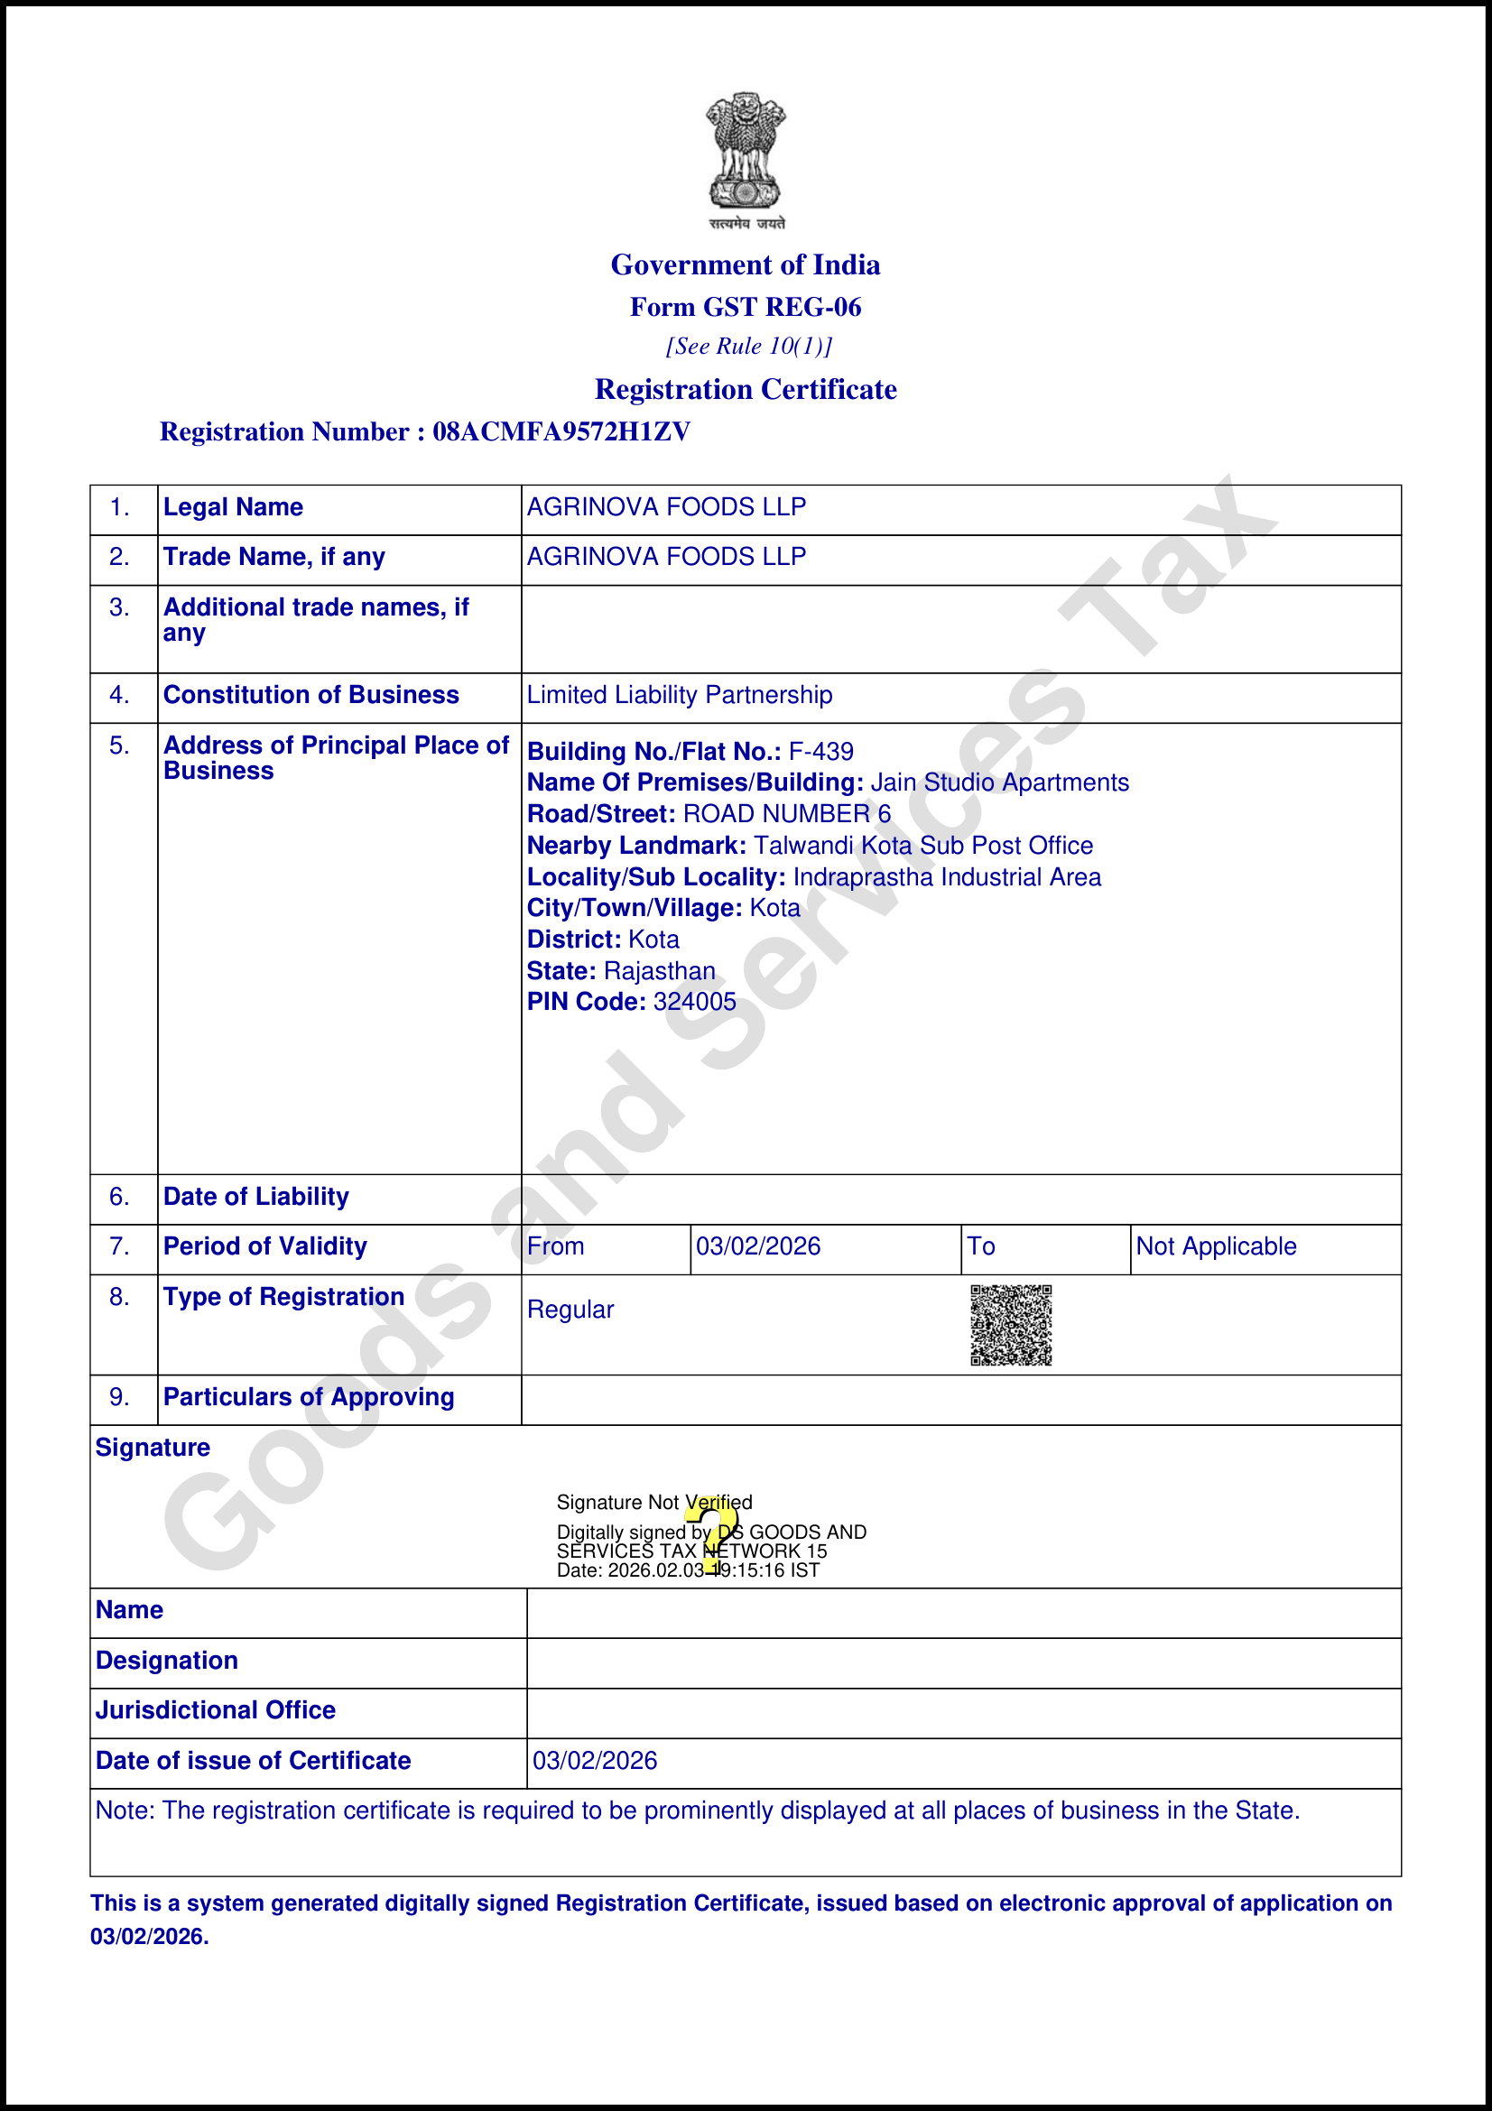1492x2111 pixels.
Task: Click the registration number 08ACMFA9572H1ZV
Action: (x=561, y=432)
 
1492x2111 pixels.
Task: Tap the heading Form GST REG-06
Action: (x=746, y=307)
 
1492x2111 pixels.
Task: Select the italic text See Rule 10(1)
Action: (x=748, y=347)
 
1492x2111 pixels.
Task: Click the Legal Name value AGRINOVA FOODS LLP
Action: (x=666, y=507)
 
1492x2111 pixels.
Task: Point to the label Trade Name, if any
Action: (x=274, y=557)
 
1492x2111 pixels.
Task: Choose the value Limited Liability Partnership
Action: (x=680, y=695)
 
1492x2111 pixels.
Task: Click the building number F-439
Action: (x=821, y=752)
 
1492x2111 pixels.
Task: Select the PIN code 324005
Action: (x=695, y=1002)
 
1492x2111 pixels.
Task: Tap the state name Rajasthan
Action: (x=659, y=971)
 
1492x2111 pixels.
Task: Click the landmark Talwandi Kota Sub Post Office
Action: (x=923, y=846)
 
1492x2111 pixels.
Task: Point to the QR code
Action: (x=1010, y=1325)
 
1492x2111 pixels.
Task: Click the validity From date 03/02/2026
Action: (x=758, y=1246)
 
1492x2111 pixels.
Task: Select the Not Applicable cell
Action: (x=1215, y=1246)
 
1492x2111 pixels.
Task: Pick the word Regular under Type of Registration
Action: (x=570, y=1310)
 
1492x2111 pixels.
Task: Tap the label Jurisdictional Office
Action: (x=215, y=1710)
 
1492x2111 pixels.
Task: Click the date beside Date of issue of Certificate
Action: (x=595, y=1761)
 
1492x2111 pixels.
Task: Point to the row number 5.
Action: (x=119, y=745)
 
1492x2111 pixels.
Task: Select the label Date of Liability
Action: (x=255, y=1197)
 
